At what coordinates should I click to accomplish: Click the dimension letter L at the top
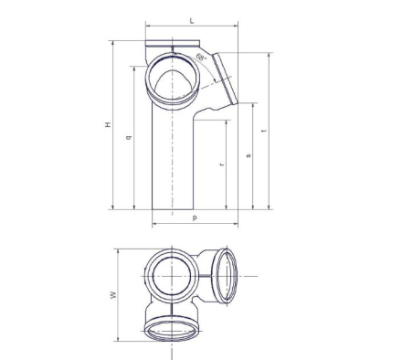[x=192, y=21]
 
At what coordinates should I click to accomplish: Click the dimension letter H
[x=108, y=124]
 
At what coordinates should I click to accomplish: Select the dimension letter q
[x=129, y=137]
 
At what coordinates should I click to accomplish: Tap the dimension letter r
[x=222, y=164]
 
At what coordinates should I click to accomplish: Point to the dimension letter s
[x=249, y=155]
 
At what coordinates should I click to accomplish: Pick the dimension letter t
[x=264, y=131]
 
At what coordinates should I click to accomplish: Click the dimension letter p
[x=195, y=217]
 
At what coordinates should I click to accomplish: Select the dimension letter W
[x=113, y=295]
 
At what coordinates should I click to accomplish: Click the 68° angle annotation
[x=201, y=57]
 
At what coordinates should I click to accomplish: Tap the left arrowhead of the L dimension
[x=148, y=26]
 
